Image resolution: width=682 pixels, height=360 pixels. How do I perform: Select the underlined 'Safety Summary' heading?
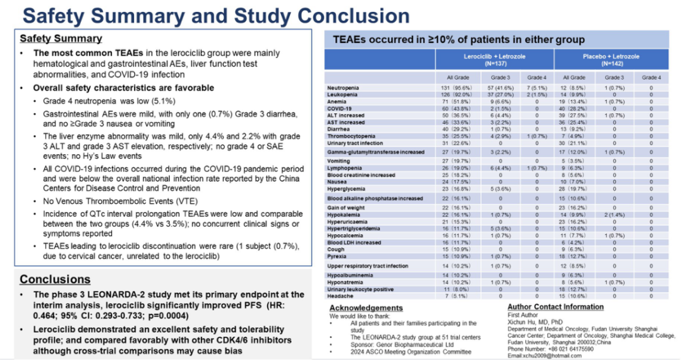click(61, 39)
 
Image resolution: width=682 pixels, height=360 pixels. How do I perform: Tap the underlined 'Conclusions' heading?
click(55, 279)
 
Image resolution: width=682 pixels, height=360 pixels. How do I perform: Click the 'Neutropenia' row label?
click(343, 87)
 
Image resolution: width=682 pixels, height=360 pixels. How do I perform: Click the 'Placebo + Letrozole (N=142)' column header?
click(611, 60)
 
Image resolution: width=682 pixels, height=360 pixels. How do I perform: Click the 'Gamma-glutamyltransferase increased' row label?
click(375, 152)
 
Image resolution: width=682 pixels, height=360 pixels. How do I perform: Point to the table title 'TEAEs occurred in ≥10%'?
click(459, 40)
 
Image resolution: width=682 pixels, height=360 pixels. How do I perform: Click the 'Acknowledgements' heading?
click(366, 308)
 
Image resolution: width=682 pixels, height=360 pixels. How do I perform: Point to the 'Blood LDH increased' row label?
click(354, 243)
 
